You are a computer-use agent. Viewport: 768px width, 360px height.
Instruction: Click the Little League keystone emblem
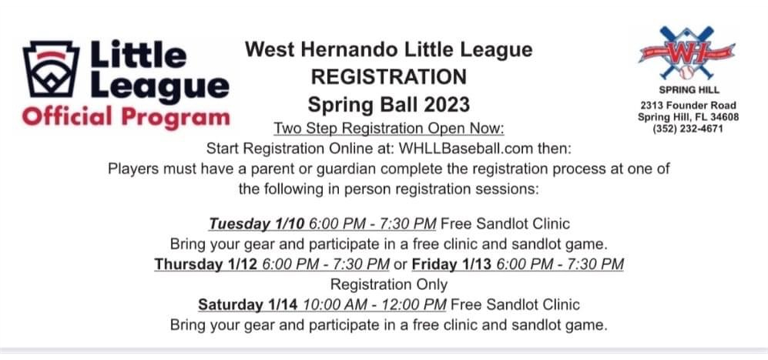click(x=51, y=69)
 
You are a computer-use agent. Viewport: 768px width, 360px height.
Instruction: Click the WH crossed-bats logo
click(x=686, y=53)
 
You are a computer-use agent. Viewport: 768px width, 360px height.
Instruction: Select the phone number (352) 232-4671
click(x=688, y=129)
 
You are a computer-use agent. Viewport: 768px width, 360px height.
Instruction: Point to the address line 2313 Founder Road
click(x=688, y=106)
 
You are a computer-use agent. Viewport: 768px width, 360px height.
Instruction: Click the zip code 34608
click(x=722, y=118)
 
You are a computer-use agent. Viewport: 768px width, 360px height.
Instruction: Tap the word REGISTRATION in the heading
click(x=389, y=77)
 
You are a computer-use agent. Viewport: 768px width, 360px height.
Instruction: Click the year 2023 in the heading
click(x=447, y=105)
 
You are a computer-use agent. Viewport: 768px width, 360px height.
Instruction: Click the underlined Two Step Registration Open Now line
click(x=389, y=128)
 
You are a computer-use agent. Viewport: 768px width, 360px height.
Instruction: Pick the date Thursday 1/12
click(x=205, y=264)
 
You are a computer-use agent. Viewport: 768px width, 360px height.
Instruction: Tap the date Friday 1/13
click(x=452, y=264)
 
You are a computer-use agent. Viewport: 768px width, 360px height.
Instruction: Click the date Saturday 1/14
click(x=248, y=305)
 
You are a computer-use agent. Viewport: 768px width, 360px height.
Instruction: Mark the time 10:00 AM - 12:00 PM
click(x=374, y=305)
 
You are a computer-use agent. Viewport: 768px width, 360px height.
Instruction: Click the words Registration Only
click(x=389, y=284)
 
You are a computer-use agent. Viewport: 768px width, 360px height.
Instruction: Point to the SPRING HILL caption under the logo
click(x=688, y=91)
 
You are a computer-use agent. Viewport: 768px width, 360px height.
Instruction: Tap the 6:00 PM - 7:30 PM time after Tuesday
click(x=373, y=224)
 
